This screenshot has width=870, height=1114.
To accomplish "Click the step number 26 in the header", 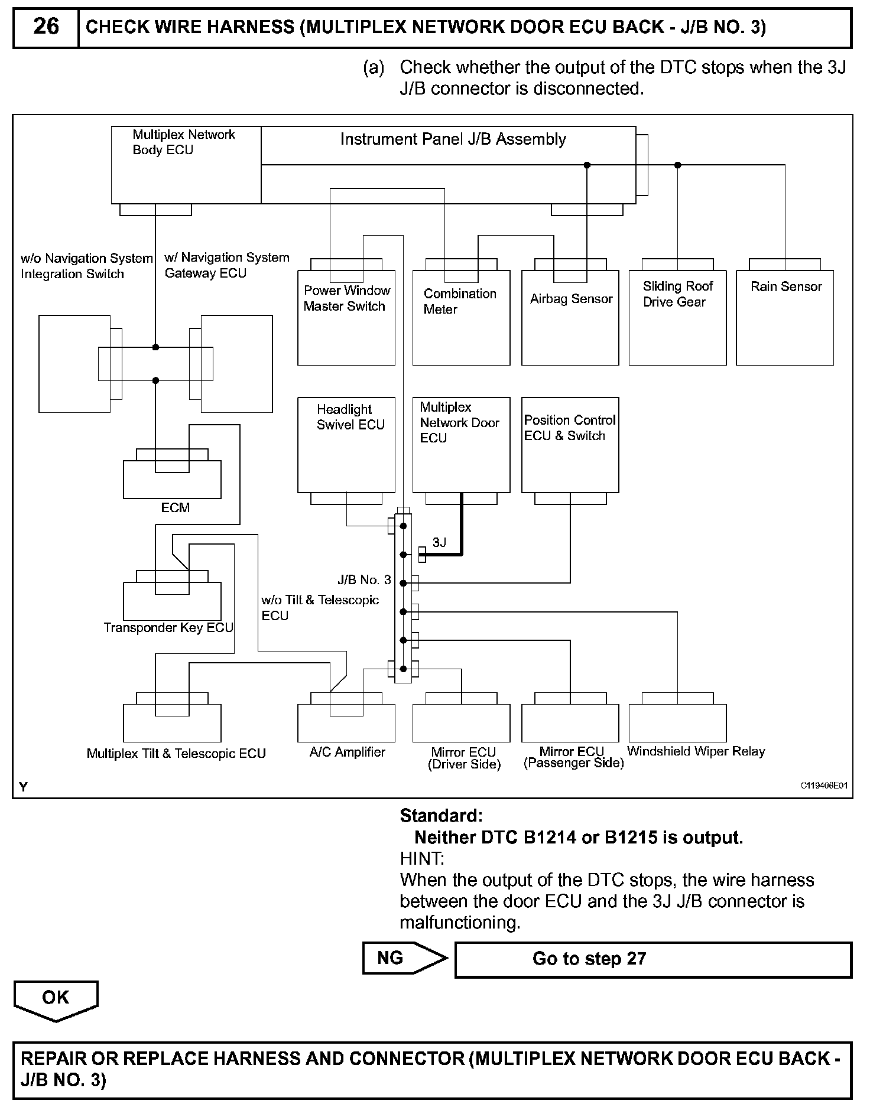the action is (x=46, y=27).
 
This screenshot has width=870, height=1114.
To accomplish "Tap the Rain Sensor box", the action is (x=785, y=318).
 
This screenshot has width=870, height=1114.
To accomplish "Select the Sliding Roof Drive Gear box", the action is (x=677, y=318).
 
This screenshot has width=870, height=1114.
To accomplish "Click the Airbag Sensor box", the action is (x=570, y=318).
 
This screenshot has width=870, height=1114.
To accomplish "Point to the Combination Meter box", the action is (x=461, y=318).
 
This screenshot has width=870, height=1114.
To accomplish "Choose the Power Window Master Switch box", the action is (x=346, y=318).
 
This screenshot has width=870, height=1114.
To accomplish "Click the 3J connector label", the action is (x=439, y=542).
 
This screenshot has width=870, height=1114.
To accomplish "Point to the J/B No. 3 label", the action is (x=364, y=580).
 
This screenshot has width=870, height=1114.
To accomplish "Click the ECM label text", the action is (x=176, y=507).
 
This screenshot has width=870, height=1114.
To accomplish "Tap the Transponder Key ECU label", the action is (x=168, y=627).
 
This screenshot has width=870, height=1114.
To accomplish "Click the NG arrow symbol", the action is (x=405, y=957).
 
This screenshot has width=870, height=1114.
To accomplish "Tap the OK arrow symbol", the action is (x=56, y=1002).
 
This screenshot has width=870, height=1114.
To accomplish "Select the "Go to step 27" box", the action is (x=653, y=959).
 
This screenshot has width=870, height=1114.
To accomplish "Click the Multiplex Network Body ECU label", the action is (x=184, y=142).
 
